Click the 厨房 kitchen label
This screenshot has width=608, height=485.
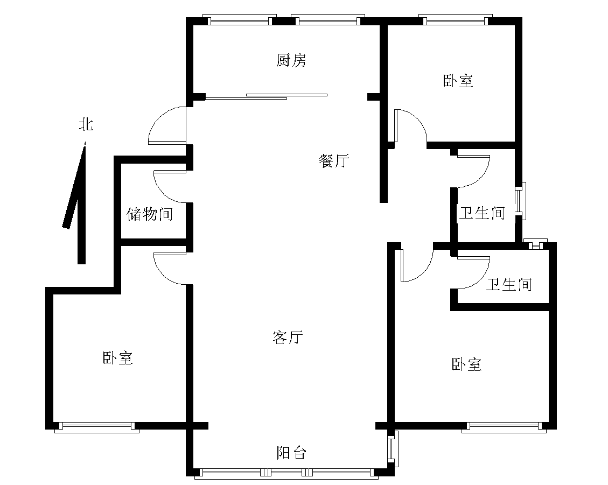[x=291, y=60]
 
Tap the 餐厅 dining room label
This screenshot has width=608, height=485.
[x=334, y=160]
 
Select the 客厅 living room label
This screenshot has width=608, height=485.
[x=288, y=337]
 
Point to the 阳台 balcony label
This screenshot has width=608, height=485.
[x=291, y=453]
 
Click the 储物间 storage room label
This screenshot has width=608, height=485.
[x=150, y=214]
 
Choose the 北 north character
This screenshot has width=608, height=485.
[x=86, y=124]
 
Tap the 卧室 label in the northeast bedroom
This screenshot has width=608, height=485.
[x=458, y=81]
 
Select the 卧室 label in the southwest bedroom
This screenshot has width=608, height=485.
[x=118, y=358]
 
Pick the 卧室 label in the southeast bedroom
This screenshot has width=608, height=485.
[x=467, y=364]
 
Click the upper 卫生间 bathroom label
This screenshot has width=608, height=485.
[x=483, y=213]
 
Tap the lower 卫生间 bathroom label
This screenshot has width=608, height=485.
[x=509, y=285]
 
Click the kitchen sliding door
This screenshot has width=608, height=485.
[x=267, y=96]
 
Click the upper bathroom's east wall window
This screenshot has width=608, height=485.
[x=521, y=201]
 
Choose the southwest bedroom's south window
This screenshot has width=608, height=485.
[x=97, y=427]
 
